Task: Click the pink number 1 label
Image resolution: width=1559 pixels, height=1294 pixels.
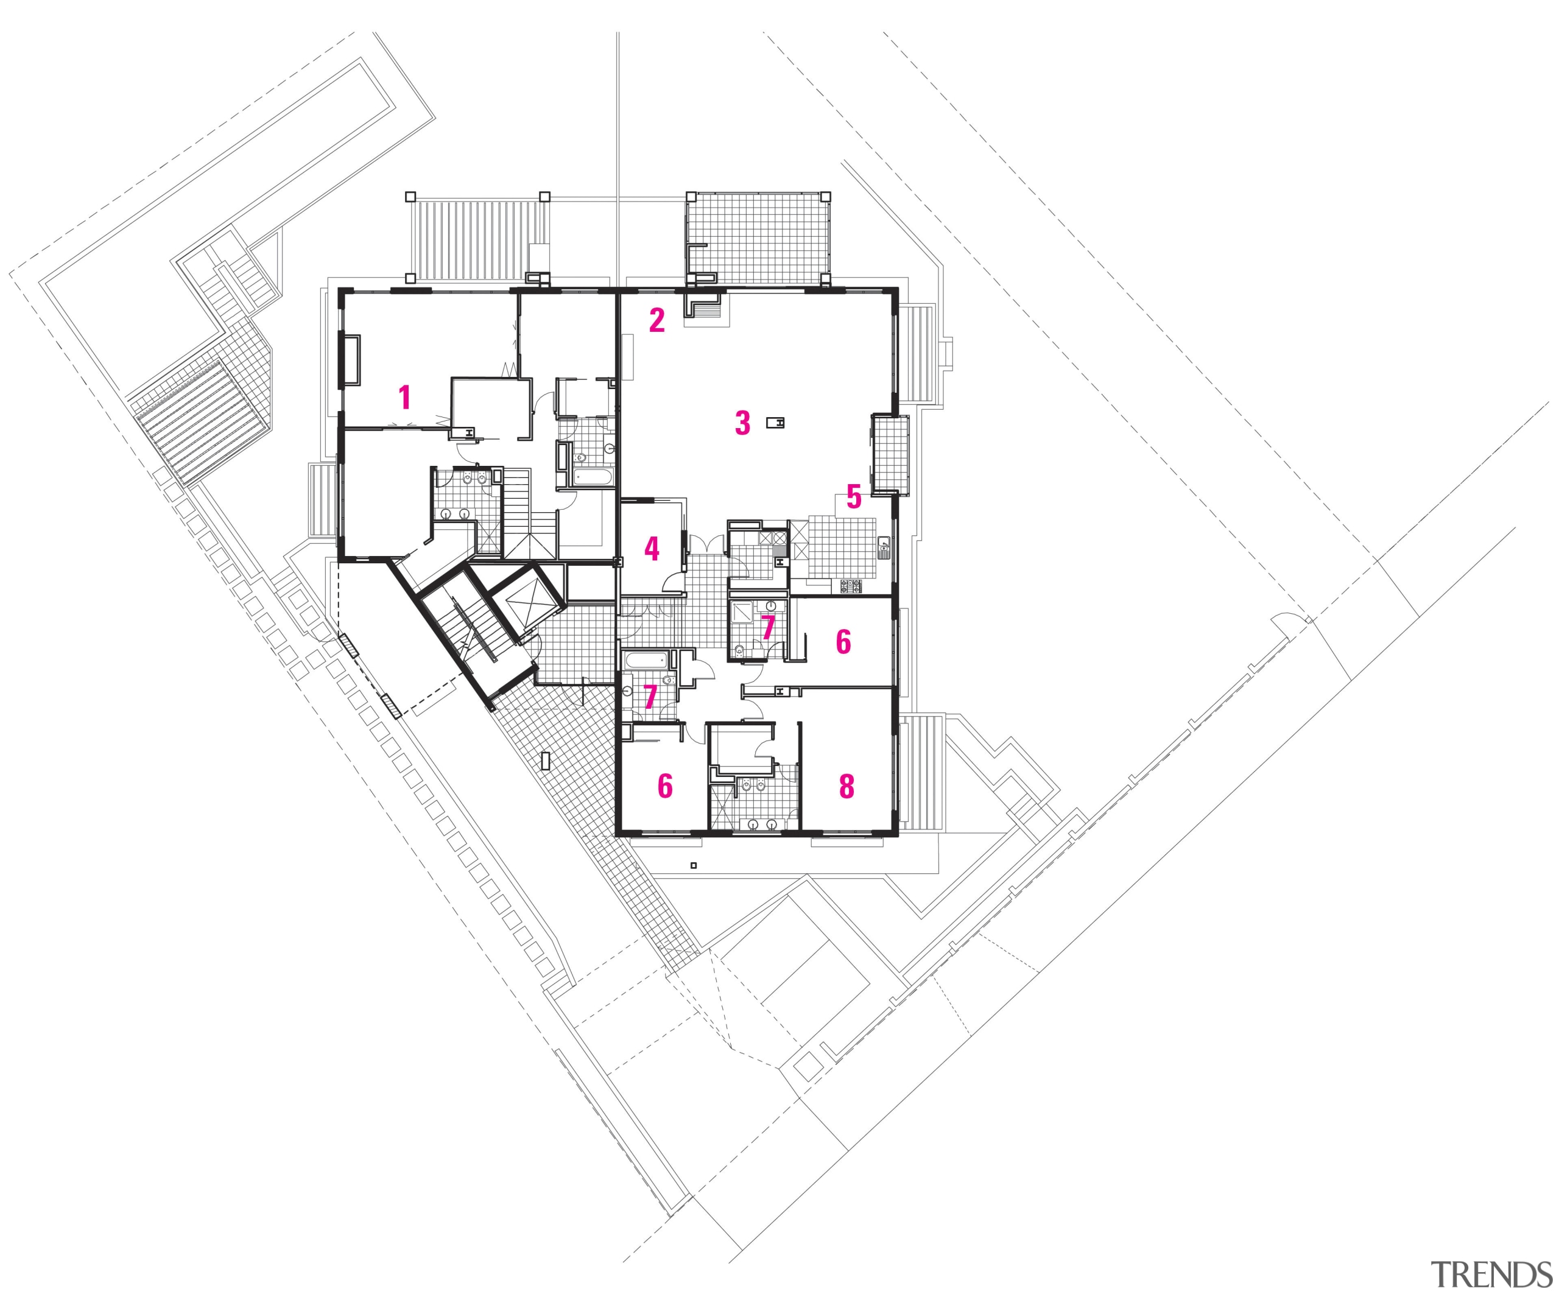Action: coord(404,397)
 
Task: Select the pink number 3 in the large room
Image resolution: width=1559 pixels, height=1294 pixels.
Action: coord(742,423)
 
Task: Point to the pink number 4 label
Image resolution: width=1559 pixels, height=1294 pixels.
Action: coord(652,549)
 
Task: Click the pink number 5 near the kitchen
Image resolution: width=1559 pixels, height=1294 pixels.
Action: coord(854,498)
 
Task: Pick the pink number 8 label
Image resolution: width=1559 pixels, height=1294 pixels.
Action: coord(846,786)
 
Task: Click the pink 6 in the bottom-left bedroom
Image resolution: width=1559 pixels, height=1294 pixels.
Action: coord(665,786)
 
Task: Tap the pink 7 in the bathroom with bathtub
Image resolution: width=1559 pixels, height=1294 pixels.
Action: coord(650,697)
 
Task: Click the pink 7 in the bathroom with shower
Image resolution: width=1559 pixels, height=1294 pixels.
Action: coord(769,627)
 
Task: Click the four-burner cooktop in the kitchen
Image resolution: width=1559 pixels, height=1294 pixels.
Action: coord(851,586)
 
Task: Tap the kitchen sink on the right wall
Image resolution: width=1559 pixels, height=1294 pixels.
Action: coord(884,548)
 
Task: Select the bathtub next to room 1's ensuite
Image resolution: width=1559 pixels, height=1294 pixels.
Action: coord(593,477)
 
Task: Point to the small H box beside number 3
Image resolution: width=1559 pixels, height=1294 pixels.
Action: coord(776,423)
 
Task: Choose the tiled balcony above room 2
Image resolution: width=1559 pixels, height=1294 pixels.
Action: coord(757,237)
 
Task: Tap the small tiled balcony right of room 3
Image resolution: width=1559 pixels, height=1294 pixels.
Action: coord(891,454)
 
